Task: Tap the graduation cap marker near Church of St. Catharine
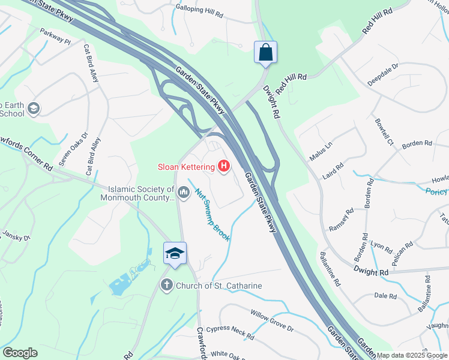[x=175, y=253]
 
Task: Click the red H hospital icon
[x=224, y=166]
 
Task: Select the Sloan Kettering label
[x=186, y=167]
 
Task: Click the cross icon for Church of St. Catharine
[x=167, y=286]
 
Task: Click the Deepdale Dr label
[x=383, y=74]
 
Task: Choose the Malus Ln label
[x=321, y=146]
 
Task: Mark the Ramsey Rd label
[x=341, y=219]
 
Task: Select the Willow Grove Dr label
[x=272, y=321]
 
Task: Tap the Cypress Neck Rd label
[x=230, y=332]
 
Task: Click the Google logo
[x=20, y=353]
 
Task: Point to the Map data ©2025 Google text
[x=412, y=355]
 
